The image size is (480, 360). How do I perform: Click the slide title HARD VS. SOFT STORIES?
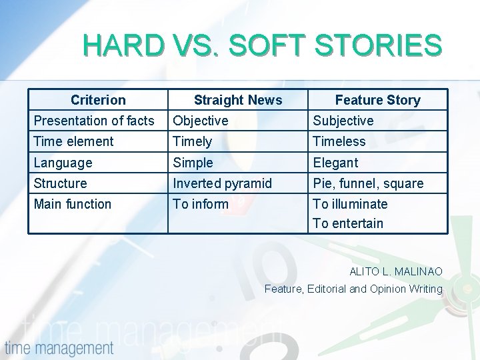click(262, 47)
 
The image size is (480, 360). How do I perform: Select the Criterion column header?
click(98, 100)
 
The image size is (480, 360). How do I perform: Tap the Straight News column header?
click(238, 100)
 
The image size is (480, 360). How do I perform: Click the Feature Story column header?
click(377, 100)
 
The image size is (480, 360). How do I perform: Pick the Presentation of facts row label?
click(94, 121)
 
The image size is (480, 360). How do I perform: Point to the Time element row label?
click(73, 141)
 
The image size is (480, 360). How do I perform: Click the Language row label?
click(63, 163)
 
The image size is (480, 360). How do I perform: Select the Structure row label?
click(60, 183)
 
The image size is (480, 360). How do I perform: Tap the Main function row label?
click(73, 204)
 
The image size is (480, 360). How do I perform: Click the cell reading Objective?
click(201, 121)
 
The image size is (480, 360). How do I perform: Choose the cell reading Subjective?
click(343, 121)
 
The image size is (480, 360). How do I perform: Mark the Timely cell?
click(193, 141)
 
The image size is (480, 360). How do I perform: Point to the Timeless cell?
click(339, 141)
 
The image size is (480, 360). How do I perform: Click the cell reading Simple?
click(193, 163)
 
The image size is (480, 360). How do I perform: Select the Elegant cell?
click(335, 163)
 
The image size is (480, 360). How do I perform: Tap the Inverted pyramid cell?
click(223, 183)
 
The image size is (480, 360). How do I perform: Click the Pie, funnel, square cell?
click(368, 183)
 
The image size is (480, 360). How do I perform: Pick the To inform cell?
click(201, 204)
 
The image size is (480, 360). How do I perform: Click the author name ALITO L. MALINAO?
click(396, 271)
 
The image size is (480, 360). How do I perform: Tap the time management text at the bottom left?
click(59, 348)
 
